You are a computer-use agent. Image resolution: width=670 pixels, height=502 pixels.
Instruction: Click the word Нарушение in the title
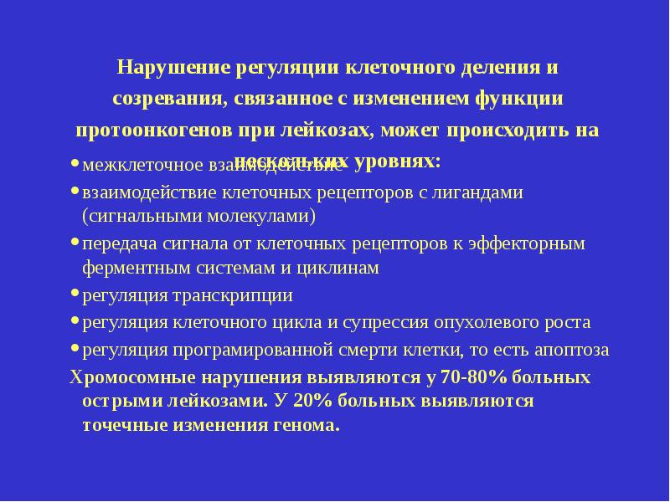tap(173, 66)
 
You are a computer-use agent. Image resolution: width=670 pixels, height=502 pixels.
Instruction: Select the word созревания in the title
tap(166, 99)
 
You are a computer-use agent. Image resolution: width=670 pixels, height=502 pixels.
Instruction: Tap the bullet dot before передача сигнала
tap(75, 243)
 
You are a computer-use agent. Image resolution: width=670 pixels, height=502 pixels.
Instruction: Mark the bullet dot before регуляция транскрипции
tap(75, 295)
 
